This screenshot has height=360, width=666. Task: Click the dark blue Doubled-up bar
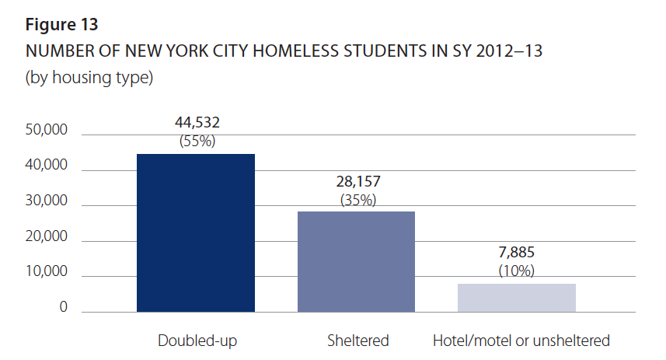196,232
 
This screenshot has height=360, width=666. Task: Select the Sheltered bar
357,261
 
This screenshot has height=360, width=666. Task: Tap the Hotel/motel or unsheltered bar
516,298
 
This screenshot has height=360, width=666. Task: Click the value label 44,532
197,124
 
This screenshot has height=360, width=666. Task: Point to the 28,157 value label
358,181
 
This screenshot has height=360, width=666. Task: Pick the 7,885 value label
516,253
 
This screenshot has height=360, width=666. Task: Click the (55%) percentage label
197,142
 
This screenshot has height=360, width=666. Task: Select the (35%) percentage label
358,200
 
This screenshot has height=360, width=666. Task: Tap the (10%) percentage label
516,271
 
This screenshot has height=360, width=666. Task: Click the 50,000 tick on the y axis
47,131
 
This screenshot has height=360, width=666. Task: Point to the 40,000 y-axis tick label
47,166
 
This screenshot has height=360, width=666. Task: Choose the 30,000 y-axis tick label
47,201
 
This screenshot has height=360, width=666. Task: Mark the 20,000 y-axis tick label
47,237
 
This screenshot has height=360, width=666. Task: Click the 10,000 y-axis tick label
47,272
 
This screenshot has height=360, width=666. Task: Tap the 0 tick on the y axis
63,308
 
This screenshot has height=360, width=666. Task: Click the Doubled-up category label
197,341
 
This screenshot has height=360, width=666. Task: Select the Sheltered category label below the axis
358,341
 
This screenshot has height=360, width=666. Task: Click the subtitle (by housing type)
89,78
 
